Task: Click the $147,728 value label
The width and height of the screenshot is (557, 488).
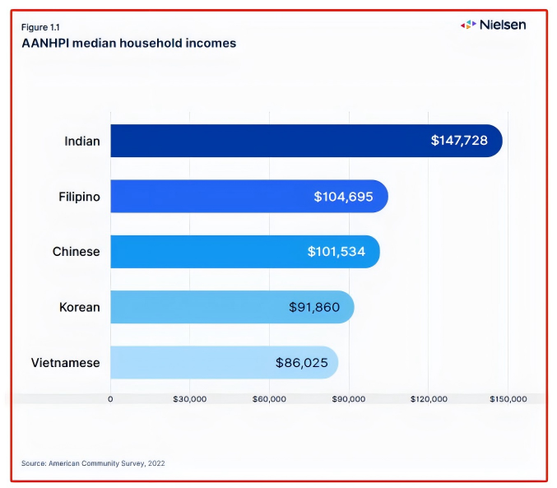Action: click(459, 141)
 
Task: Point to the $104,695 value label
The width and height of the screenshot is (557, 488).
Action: click(344, 197)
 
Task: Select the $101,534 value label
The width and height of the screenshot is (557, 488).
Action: click(337, 251)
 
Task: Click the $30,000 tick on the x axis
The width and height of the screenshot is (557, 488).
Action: click(190, 399)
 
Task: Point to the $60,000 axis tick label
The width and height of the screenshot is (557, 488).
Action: click(269, 399)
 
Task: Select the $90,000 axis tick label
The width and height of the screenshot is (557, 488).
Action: click(349, 399)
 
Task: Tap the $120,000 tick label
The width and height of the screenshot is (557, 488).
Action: click(429, 399)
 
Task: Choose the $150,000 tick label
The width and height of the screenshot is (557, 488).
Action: click(508, 399)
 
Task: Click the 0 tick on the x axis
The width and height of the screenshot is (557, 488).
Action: click(110, 399)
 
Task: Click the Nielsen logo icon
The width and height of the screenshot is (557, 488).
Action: click(468, 25)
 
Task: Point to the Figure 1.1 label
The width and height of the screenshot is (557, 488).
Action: click(40, 28)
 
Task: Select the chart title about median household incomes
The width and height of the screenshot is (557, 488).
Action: click(128, 43)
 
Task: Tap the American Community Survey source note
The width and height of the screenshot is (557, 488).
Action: click(93, 463)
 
